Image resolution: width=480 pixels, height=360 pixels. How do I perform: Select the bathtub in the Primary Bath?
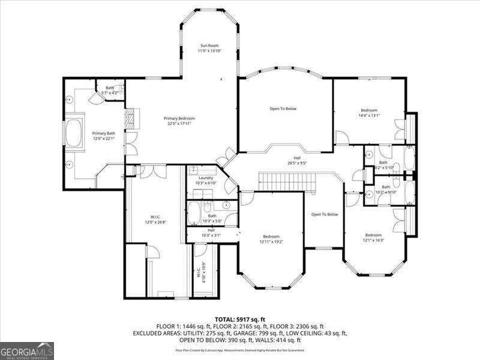[75, 133]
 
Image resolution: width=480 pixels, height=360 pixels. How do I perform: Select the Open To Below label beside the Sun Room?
[283, 109]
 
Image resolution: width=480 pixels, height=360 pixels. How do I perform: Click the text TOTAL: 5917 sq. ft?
[240, 319]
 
